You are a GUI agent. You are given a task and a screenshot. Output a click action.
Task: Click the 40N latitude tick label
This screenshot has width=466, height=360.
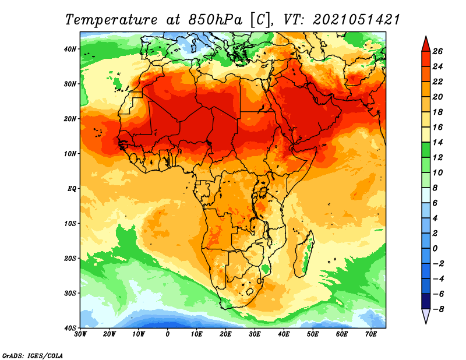tap(70, 49)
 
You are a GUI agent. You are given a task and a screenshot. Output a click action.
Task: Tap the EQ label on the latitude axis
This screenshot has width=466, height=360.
tap(72, 189)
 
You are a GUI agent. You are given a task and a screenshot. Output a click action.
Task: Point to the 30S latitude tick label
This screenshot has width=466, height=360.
tap(70, 294)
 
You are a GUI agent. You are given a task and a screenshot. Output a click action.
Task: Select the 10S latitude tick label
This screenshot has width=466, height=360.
tap(70, 224)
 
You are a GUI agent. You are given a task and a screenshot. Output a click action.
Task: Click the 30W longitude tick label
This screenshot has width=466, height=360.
tap(80, 334)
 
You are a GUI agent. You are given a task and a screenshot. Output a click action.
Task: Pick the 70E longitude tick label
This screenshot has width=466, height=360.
tap(370, 334)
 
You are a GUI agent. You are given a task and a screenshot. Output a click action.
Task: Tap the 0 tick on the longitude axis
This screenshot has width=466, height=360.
tap(168, 334)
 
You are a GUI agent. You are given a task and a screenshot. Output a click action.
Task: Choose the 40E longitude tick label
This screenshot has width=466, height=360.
tap(284, 334)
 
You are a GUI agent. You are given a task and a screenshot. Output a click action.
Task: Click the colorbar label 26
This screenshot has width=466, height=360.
tap(437, 51)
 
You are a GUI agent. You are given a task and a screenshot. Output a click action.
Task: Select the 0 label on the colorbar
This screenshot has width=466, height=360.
tap(435, 249)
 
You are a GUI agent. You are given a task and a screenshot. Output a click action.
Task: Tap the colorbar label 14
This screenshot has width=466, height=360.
tap(437, 142)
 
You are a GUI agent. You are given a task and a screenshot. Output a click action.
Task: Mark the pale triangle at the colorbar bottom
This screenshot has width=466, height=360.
tap(426, 315)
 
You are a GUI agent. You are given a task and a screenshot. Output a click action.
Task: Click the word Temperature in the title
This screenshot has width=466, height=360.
tap(111, 20)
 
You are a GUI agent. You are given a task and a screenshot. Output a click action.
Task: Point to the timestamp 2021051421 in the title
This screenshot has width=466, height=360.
tap(356, 20)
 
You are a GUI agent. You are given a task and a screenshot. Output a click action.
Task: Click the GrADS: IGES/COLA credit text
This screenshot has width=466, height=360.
tap(33, 355)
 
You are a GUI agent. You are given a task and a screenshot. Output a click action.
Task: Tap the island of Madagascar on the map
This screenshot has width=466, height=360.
tap(305, 254)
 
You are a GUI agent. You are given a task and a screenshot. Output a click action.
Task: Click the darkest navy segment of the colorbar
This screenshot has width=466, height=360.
tap(426, 301)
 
